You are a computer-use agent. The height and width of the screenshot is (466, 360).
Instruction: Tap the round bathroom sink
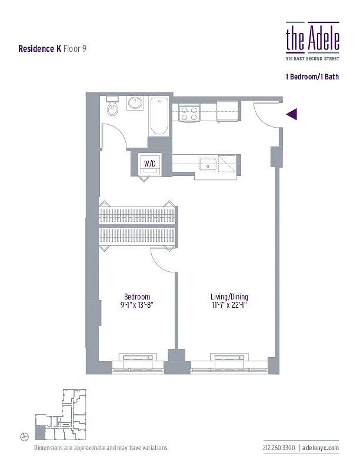coord(135,105)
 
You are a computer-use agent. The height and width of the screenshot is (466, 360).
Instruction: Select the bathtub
coord(159,116)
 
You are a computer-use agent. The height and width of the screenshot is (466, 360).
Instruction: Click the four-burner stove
coord(188,113)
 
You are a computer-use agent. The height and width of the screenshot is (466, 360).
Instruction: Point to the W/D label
coord(150,164)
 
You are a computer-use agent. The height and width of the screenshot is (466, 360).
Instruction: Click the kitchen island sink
coord(207,163)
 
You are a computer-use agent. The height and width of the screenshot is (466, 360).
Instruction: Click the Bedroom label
coord(137,297)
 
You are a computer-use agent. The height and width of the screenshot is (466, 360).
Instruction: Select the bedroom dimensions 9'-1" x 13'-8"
coord(137,305)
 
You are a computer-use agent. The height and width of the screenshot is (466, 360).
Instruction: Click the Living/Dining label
coord(228,297)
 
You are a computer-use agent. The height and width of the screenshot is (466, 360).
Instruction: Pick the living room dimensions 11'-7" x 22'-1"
coord(228,305)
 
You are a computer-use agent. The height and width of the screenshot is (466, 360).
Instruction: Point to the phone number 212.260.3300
coord(279,448)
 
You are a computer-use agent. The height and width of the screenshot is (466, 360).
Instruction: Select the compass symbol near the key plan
coord(24,435)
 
